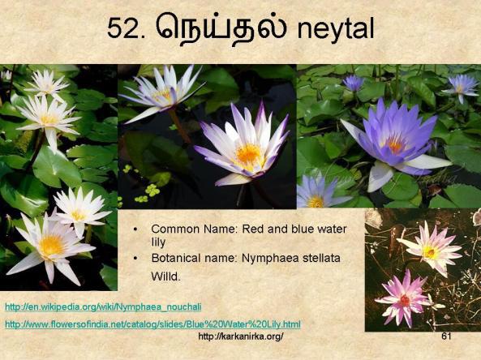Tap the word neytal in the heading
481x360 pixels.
tap(336, 28)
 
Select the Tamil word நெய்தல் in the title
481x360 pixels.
tap(221, 28)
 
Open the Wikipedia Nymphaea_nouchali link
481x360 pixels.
tap(103, 307)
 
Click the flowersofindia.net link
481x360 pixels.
tap(152, 324)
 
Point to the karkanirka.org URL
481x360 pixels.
tap(241, 336)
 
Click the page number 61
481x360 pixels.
tap(446, 336)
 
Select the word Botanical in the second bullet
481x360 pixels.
tap(174, 258)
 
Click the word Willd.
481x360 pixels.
tap(165, 276)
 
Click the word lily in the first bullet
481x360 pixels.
tap(158, 242)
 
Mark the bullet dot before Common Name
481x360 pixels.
tap(135, 229)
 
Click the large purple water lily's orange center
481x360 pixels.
tap(396, 145)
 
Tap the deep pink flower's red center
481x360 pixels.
tap(405, 300)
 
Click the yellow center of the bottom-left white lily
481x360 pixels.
tap(51, 246)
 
